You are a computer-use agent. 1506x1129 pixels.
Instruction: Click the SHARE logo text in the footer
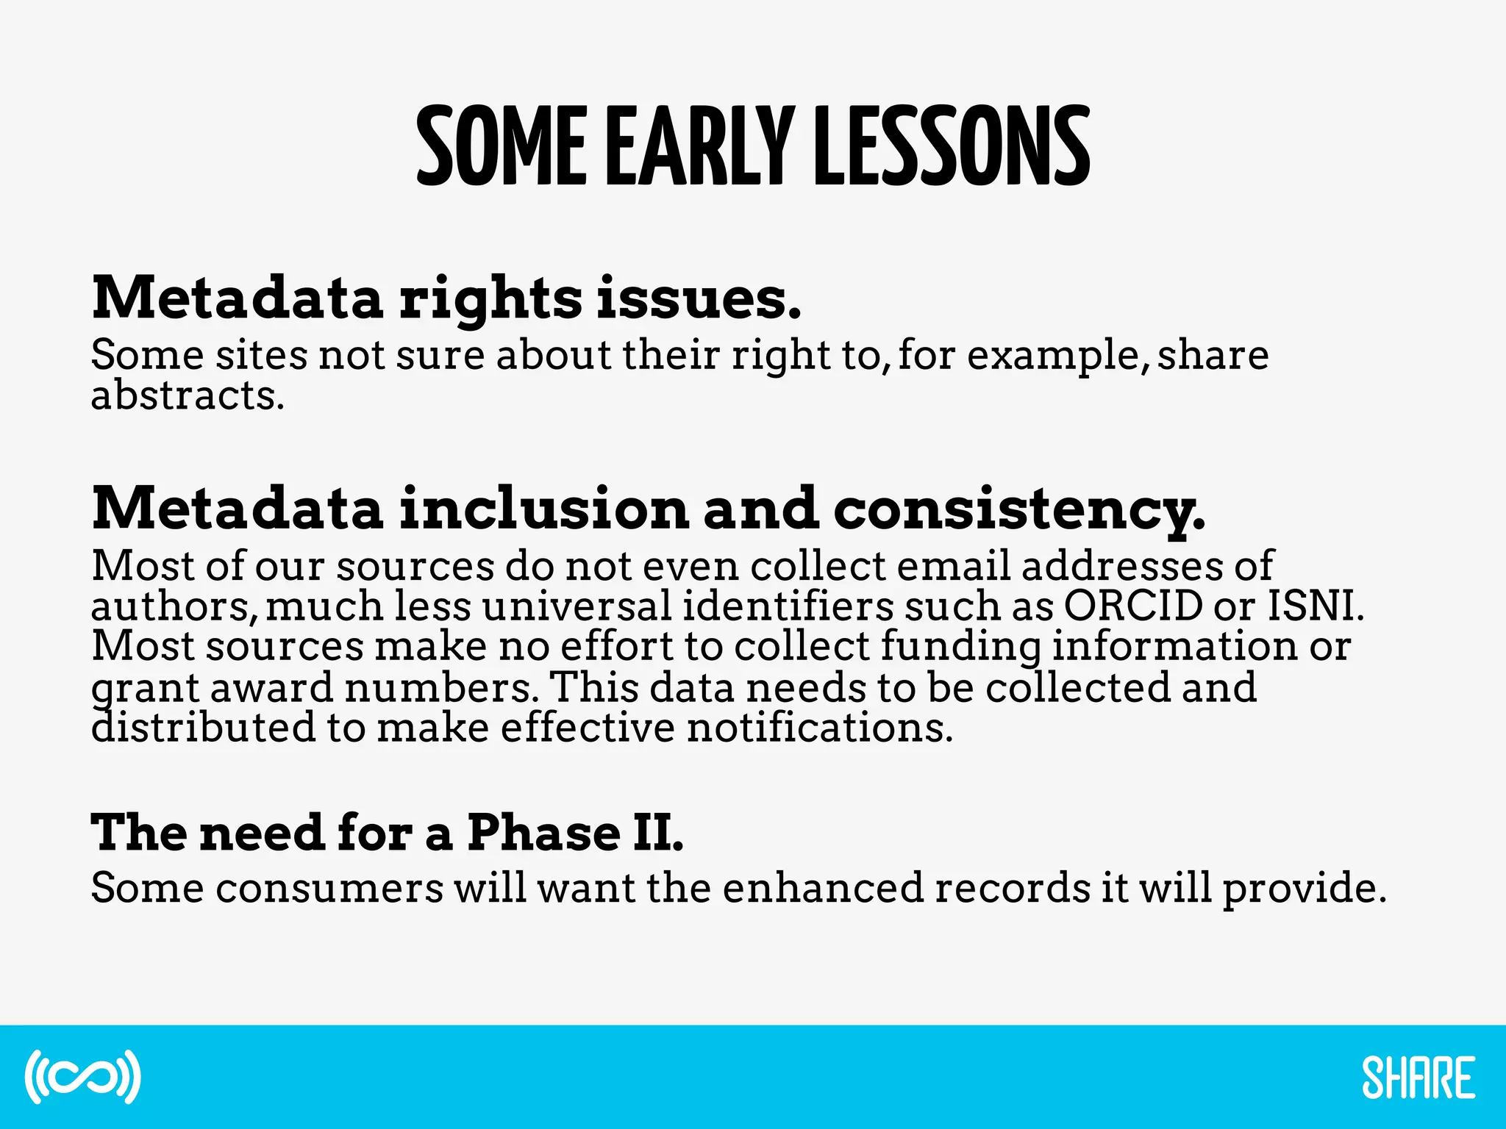[1418, 1078]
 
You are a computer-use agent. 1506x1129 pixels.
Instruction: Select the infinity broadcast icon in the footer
[82, 1077]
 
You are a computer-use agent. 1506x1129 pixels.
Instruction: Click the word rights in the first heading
[490, 300]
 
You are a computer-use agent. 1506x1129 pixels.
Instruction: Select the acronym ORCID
[1132, 606]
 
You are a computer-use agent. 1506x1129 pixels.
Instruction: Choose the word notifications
[819, 728]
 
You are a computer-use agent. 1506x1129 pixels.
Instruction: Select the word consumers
[329, 888]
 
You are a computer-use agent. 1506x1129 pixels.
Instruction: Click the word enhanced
[822, 888]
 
